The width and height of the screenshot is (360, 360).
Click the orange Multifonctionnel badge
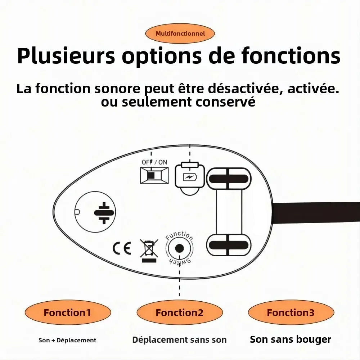[180, 34]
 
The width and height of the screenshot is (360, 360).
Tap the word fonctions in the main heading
[291, 56]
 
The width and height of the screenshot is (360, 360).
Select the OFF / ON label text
[154, 162]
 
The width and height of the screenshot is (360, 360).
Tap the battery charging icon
[189, 177]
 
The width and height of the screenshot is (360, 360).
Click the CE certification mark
[122, 248]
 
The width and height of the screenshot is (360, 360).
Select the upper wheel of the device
[229, 179]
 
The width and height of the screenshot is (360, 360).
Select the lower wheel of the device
[229, 245]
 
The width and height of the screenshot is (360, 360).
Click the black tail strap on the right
[317, 213]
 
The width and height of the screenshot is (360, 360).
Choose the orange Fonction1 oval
[67, 313]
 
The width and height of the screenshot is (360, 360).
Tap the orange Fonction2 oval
[179, 313]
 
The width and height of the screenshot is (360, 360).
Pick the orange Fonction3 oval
[291, 313]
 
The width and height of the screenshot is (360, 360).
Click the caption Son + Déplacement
[67, 340]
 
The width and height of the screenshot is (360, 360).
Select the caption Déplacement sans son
[179, 340]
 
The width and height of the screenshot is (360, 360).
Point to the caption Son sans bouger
[291, 339]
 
